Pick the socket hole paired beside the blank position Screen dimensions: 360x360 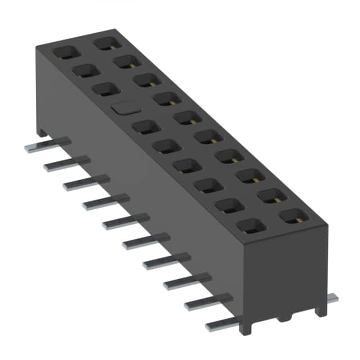tap(166, 98)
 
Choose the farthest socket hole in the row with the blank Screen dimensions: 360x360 tap(66, 52)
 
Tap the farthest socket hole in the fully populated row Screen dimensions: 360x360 tap(105, 43)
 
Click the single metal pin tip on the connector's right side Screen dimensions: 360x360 tap(332, 298)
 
